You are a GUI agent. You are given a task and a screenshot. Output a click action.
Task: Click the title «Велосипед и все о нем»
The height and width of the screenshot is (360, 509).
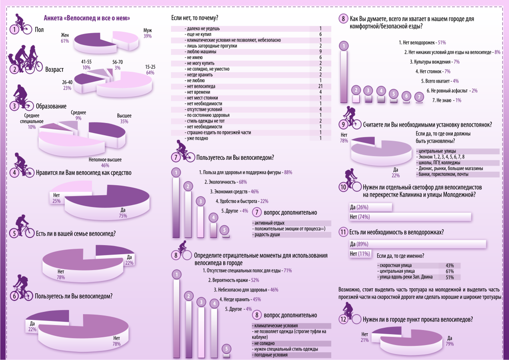pyautogui.click(x=87, y=18)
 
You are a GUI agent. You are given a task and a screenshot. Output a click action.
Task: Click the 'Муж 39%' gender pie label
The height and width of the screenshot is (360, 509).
pyautogui.click(x=147, y=33)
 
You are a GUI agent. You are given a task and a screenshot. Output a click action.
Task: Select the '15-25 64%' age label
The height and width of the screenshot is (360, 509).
pyautogui.click(x=150, y=69)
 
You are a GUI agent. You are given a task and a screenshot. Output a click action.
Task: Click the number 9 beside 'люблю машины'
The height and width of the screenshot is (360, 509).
pyautogui.click(x=320, y=52)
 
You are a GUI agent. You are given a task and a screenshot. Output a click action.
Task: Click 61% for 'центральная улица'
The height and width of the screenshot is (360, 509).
pyautogui.click(x=450, y=271)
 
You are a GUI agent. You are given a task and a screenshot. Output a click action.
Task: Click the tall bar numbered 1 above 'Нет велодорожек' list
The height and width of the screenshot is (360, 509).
pyautogui.click(x=344, y=72)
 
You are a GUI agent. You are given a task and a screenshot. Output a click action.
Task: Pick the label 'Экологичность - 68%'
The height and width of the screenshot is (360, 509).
pyautogui.click(x=225, y=182)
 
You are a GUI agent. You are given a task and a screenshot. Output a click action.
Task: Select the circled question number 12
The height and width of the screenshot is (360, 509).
pyautogui.click(x=345, y=320)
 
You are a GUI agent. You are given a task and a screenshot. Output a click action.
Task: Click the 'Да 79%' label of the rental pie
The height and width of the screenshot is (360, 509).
pyautogui.click(x=450, y=340)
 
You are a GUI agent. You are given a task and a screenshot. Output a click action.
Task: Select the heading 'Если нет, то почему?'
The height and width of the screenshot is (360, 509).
pyautogui.click(x=194, y=18)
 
